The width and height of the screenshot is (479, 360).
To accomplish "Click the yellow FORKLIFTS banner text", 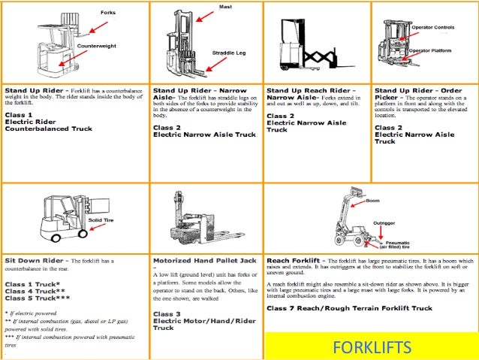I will tap(372, 348).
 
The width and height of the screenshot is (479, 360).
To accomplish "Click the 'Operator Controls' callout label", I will tap(433, 26).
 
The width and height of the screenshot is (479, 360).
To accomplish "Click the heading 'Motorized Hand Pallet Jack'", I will tap(199, 260).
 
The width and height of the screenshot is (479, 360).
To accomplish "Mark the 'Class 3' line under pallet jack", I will tap(167, 313).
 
